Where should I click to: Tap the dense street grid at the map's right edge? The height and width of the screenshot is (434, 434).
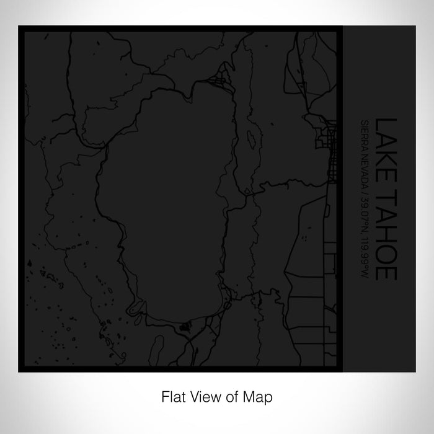point(327,149)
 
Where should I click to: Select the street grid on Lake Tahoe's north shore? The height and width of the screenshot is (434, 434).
point(218,81)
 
